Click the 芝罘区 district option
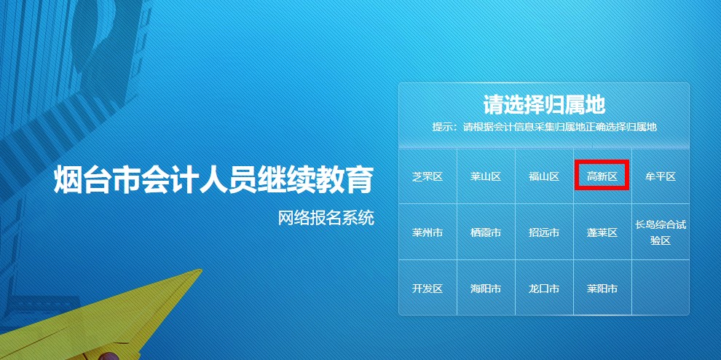[x=428, y=176]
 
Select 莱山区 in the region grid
[x=486, y=176]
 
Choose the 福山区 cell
[x=544, y=176]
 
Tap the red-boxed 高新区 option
[x=602, y=176]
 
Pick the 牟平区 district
[x=661, y=176]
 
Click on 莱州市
[x=428, y=232]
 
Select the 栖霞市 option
[x=486, y=232]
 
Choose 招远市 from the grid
[x=544, y=232]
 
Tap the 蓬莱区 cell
[x=602, y=232]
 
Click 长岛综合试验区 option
[x=661, y=232]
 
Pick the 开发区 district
[x=428, y=289]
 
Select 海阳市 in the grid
[x=486, y=289]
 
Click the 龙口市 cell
[x=544, y=289]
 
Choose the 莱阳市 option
[x=602, y=289]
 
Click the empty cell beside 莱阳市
[x=661, y=289]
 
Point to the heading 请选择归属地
[x=544, y=105]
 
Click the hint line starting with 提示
[x=544, y=127]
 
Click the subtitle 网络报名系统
[x=326, y=217]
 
